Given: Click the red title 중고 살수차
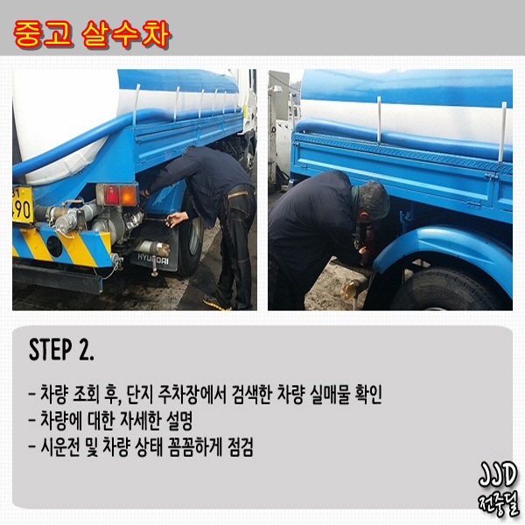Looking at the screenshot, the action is pos(92,35).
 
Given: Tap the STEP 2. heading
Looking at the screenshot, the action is pos(61,349).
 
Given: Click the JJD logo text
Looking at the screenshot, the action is pos(497,474).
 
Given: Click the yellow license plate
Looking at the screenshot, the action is pos(22,205).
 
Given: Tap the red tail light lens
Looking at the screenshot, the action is pos(111,195).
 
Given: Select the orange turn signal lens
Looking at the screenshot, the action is pos(128,195).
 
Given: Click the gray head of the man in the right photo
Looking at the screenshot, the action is pos(374,201).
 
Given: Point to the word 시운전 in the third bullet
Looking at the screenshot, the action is pos(60,447).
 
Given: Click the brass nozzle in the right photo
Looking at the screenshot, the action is pos(352,289).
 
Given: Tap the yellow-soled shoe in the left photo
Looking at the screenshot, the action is pos(216,303).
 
